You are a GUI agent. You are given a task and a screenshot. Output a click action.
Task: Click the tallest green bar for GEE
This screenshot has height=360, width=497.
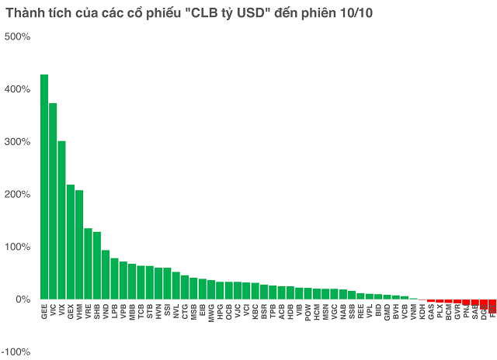44,186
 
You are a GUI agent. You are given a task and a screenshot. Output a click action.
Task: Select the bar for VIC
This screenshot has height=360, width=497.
53,201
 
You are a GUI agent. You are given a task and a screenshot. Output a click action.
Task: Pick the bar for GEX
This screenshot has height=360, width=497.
71,241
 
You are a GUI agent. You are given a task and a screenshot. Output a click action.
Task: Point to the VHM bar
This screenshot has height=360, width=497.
79,244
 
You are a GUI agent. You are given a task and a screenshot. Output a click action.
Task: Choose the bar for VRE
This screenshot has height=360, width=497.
88,264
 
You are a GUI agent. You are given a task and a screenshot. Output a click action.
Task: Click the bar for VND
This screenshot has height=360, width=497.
106,275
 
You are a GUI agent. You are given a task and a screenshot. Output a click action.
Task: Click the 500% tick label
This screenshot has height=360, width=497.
17,36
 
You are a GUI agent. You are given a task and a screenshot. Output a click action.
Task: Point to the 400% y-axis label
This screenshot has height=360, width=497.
17,89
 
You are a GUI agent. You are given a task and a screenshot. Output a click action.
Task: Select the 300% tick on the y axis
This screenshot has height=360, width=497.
17,142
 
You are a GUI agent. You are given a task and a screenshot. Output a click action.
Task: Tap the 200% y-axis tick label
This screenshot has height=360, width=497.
17,194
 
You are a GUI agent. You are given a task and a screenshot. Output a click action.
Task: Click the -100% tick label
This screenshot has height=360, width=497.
16,351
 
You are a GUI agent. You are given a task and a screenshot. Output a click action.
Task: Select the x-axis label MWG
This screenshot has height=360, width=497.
211,312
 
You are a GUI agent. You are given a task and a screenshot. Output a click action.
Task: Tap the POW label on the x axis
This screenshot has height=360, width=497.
308,311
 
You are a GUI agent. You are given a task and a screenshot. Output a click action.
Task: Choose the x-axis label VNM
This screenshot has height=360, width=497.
413,311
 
